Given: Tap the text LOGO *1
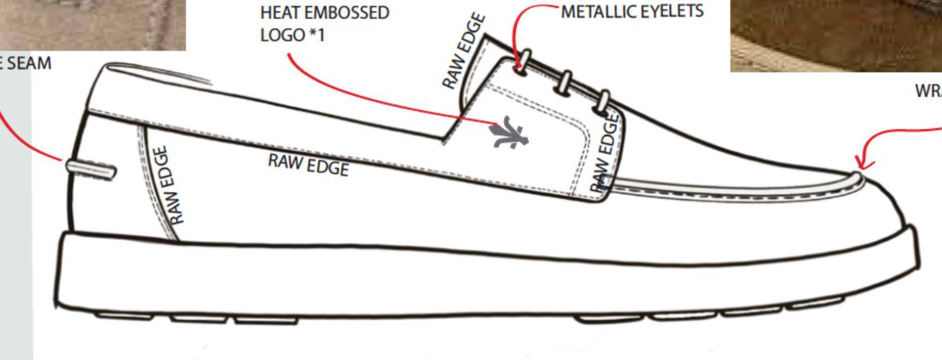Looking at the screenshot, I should (293, 35).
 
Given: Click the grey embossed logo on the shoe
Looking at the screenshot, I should (509, 133).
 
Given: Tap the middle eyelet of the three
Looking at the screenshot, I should (565, 83).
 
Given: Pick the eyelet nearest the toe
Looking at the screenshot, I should (603, 102).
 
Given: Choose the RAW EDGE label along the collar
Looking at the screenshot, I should (309, 164).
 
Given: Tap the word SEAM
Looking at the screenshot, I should (29, 63).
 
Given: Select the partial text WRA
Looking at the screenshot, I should (929, 91).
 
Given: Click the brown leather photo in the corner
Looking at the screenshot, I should (836, 35).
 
